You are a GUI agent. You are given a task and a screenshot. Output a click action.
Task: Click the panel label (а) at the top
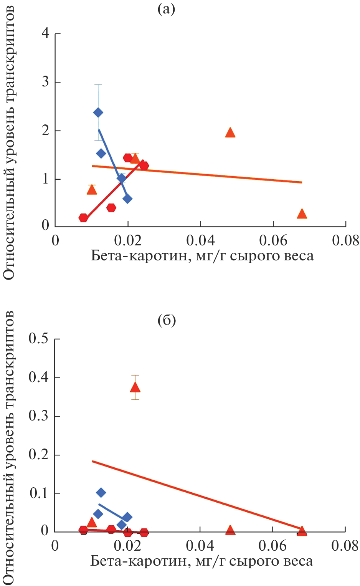(x=166, y=10)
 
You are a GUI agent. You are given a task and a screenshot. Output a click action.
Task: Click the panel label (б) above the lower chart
(x=167, y=321)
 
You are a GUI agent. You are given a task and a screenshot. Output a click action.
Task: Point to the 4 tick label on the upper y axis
(x=46, y=33)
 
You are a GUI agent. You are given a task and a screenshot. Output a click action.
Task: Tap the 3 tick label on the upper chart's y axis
(x=46, y=82)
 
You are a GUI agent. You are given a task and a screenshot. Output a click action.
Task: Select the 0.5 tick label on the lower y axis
(x=38, y=339)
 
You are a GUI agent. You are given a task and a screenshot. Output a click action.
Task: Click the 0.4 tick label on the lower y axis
(x=38, y=377)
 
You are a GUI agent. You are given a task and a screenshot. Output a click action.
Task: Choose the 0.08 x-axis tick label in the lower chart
(x=345, y=546)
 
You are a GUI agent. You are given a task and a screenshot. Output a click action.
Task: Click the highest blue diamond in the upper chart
(x=98, y=113)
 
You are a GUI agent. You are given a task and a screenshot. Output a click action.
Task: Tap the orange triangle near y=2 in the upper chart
(x=230, y=133)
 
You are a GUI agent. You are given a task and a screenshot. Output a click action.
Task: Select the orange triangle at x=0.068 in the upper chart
(x=302, y=214)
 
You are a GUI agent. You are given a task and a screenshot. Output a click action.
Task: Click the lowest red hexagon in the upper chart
(x=83, y=218)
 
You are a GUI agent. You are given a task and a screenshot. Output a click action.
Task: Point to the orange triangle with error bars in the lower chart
(x=135, y=387)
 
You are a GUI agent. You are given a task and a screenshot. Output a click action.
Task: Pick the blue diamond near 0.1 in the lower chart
(x=101, y=493)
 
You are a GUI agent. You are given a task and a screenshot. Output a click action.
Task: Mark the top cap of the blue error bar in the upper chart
(x=98, y=84)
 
